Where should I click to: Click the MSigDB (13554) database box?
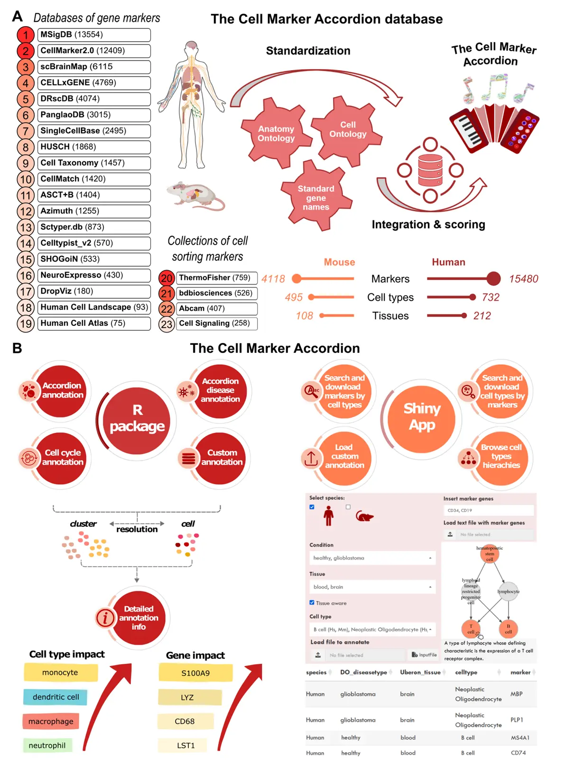point(94,35)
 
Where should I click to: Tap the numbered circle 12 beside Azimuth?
point(26,211)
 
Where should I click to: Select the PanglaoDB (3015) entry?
point(94,115)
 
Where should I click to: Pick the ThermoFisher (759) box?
point(217,278)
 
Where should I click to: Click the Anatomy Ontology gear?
point(276,134)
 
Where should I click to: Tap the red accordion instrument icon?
point(493,128)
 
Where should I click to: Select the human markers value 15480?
point(523,279)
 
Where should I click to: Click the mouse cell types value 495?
point(294,297)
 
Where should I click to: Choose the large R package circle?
point(137,418)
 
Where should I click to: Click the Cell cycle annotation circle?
point(62,458)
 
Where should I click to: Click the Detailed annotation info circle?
point(139,618)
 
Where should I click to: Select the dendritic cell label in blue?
point(56,697)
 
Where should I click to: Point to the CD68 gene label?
point(185,721)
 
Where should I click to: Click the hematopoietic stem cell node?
point(490,553)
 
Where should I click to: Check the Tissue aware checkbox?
point(312,603)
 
